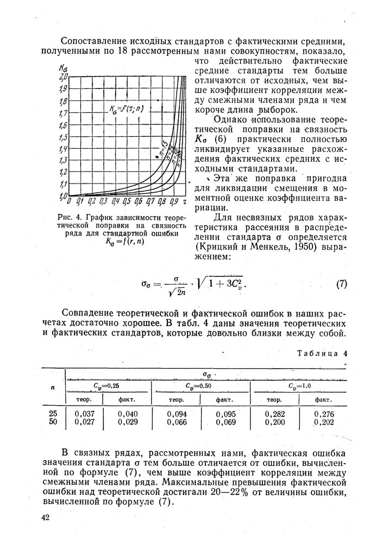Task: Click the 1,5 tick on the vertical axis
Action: (x=62, y=137)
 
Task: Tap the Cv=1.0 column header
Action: (x=299, y=386)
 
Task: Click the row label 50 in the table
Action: (x=53, y=422)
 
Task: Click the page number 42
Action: (x=45, y=517)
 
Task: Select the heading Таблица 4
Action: (x=322, y=353)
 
